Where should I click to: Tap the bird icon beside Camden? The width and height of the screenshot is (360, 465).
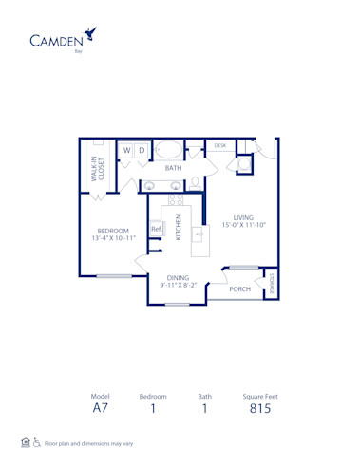pyautogui.click(x=90, y=34)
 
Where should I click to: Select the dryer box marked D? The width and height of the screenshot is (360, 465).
pyautogui.click(x=142, y=150)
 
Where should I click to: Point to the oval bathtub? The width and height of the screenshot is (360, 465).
pyautogui.click(x=170, y=149)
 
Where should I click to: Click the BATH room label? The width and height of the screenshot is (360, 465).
pyautogui.click(x=173, y=168)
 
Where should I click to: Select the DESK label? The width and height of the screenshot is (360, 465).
pyautogui.click(x=219, y=145)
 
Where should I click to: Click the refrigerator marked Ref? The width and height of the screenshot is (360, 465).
pyautogui.click(x=156, y=229)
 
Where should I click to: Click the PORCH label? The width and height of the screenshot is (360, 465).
pyautogui.click(x=239, y=288)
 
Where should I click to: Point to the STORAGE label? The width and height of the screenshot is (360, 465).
pyautogui.click(x=270, y=282)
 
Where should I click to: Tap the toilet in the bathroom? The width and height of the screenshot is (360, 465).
pyautogui.click(x=196, y=183)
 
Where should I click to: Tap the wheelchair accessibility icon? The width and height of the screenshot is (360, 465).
pyautogui.click(x=37, y=443)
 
